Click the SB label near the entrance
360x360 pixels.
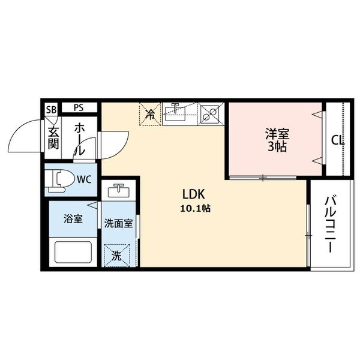coord(52,109)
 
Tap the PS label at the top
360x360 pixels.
coord(79,108)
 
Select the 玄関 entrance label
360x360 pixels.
coord(53,137)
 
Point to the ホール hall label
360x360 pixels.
coord(79,139)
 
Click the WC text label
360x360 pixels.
coord(85,178)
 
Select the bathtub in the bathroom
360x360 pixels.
coord(73,251)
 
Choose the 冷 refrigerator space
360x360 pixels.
coord(151,113)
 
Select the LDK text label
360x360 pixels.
coord(194,194)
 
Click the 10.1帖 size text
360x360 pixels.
coord(194,208)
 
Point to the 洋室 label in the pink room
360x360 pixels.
coord(276,134)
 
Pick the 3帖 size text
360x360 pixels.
coord(276,146)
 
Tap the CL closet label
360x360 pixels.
coord(338,141)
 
